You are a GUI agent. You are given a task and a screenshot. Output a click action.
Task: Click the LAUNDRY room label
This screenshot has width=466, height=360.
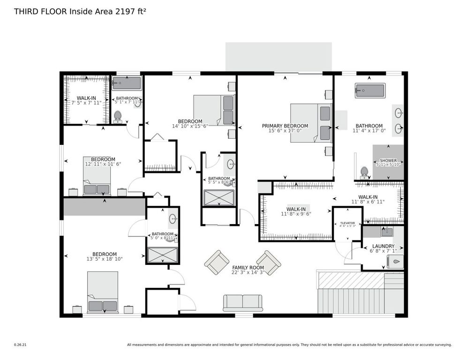tap(383, 246)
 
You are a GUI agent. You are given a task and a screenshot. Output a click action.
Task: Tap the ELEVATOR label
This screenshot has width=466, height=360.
tap(347, 223)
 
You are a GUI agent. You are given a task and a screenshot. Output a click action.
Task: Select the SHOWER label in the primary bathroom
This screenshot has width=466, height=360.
tap(388, 160)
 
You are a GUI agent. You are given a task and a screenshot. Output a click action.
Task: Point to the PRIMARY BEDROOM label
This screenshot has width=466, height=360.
tap(285, 126)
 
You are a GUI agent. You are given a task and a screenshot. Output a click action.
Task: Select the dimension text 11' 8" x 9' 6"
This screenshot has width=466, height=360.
tap(296, 214)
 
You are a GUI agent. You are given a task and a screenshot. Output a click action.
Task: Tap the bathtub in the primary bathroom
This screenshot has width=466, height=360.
tap(369, 90)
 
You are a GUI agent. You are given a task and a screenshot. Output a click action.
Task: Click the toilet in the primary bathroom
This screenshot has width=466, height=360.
tap(363, 173)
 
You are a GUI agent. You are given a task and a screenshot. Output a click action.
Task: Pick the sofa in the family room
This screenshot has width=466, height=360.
tap(243, 303)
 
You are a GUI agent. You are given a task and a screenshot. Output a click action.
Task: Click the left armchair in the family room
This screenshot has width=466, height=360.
tap(217, 262)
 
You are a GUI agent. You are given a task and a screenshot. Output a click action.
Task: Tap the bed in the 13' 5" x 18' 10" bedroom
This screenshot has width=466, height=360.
tap(103, 292)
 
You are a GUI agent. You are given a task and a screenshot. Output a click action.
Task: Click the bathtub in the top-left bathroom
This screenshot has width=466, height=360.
tap(127, 83)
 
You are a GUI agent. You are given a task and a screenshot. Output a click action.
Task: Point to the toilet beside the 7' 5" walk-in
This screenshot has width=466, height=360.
tap(118, 116)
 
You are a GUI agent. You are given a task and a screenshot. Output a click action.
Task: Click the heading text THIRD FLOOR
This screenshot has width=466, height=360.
tap(40, 12)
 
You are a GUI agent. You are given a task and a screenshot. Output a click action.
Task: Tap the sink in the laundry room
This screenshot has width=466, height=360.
tap(387, 232)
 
